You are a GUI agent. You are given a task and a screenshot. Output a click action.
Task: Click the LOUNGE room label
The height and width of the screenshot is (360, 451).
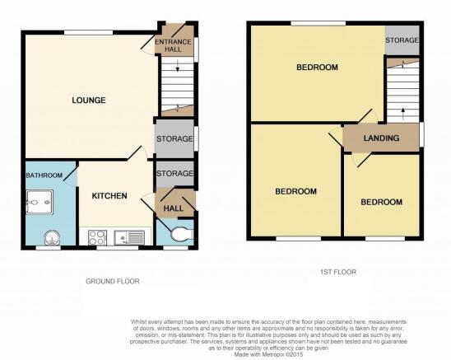(x=89, y=101)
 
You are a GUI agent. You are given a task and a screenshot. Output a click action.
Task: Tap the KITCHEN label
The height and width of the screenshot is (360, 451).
(x=109, y=196)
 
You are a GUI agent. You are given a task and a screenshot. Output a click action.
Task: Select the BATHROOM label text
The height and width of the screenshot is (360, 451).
(x=44, y=175)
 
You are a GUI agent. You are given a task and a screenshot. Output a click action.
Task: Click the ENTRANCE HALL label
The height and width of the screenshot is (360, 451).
(x=173, y=45)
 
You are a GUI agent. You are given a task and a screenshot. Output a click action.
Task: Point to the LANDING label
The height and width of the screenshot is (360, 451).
(x=381, y=138)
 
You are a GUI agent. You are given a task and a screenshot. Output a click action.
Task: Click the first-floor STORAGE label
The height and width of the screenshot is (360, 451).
(x=402, y=40)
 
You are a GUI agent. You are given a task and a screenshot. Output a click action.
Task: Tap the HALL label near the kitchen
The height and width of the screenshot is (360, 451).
(x=174, y=208)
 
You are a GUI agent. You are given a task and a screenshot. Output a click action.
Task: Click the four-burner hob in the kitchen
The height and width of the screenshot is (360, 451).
(x=97, y=237)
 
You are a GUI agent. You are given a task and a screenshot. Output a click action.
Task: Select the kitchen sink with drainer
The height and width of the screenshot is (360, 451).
(x=129, y=237)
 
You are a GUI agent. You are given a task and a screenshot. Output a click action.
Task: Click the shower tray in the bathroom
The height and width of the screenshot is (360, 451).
(x=40, y=202)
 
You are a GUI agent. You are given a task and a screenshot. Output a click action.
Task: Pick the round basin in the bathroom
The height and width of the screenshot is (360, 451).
(x=53, y=238)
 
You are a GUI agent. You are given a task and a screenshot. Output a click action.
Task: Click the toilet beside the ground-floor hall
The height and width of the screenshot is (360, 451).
(x=182, y=234)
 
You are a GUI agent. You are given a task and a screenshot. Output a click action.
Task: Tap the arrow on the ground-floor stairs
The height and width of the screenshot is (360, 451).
(x=178, y=65)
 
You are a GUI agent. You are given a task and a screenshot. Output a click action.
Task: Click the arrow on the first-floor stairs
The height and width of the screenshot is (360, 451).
(x=403, y=114)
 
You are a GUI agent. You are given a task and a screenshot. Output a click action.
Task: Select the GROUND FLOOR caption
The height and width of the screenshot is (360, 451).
(x=113, y=281)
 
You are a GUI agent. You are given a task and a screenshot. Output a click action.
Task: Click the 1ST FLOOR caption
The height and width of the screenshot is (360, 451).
(x=338, y=272)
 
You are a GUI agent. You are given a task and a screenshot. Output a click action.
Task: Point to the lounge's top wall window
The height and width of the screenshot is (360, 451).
(x=88, y=33)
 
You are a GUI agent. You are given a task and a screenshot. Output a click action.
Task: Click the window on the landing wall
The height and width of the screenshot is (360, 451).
(x=421, y=134)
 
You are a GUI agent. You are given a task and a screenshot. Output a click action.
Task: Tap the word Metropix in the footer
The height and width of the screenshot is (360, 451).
(x=270, y=354)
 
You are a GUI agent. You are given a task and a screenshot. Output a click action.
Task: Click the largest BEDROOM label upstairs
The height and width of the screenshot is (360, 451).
(x=317, y=68)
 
